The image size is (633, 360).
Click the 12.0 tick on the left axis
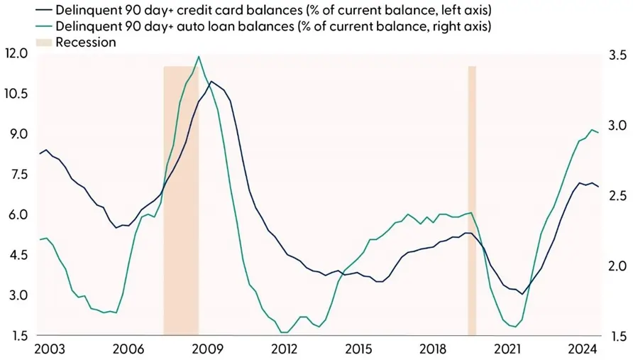(x=16, y=54)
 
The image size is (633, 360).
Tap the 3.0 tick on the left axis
(x=16, y=295)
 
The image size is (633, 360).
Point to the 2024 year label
(x=584, y=349)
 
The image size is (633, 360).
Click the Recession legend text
(x=85, y=43)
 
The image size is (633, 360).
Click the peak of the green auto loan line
(x=199, y=57)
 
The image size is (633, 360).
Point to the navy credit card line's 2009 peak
(x=211, y=81)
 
